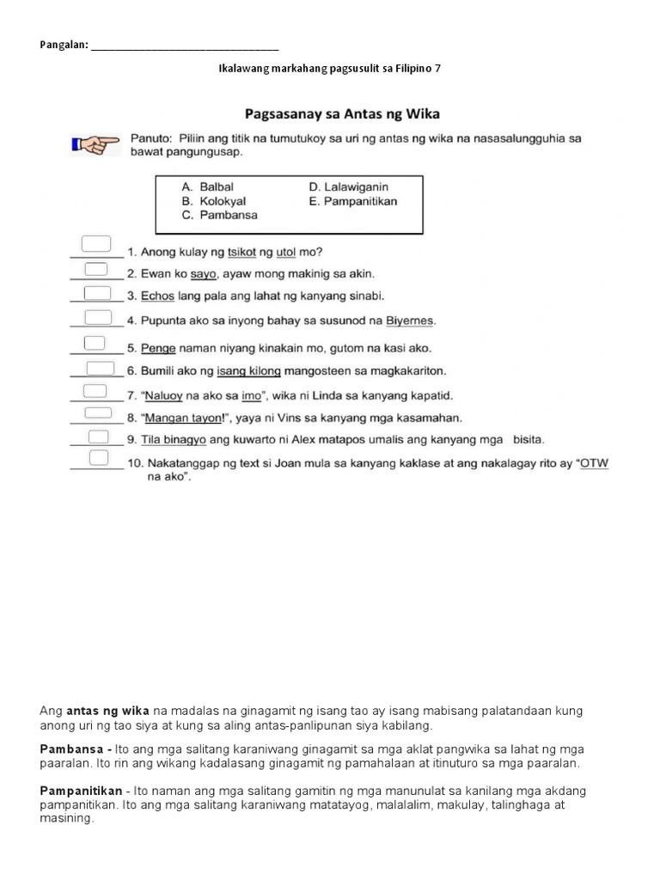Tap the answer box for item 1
95,243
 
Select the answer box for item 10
99,456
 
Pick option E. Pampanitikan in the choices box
352,201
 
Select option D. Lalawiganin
348,186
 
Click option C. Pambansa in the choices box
219,216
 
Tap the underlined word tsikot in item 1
242,253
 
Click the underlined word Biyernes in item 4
410,321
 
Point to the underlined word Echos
157,296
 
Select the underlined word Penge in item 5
158,349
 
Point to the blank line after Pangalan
185,46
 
